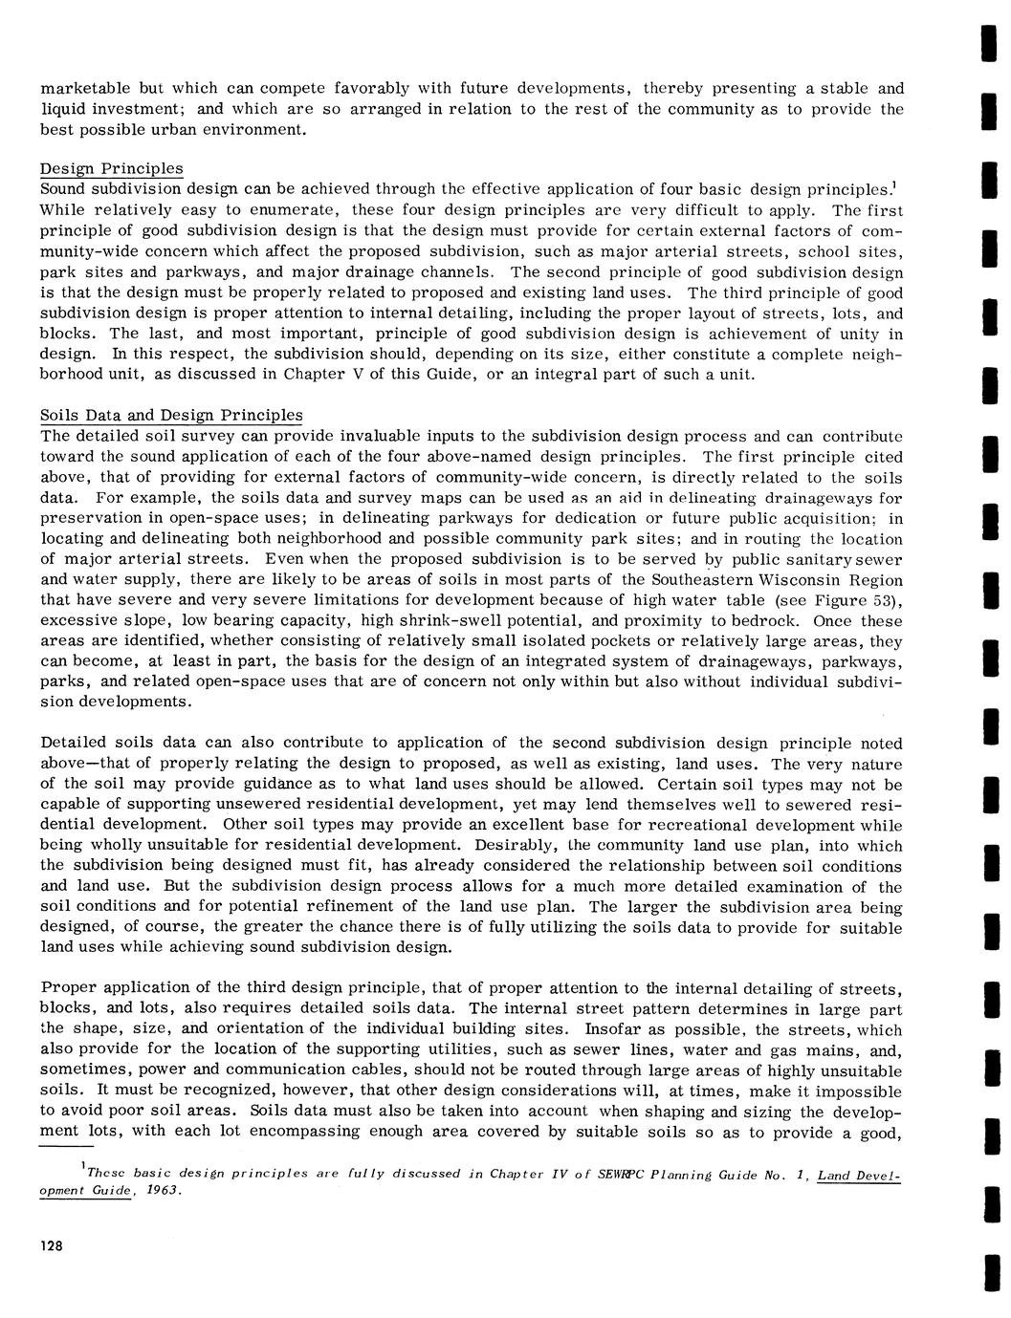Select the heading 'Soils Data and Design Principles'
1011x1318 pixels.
pos(171,415)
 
